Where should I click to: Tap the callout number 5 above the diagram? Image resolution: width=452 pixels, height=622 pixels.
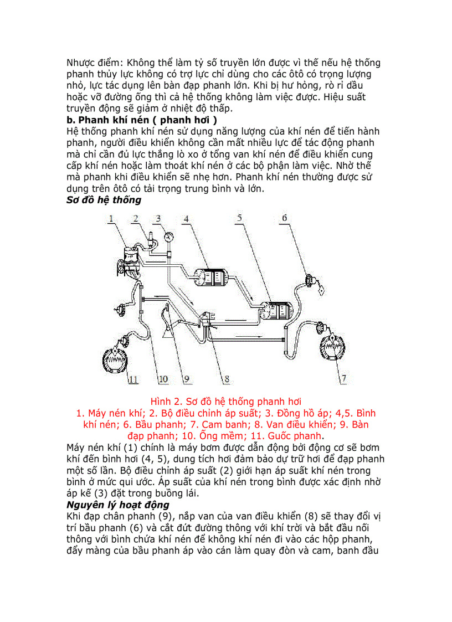(x=239, y=218)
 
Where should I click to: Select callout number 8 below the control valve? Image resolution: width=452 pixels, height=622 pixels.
(x=226, y=379)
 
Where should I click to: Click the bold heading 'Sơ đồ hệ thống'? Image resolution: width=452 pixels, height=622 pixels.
(x=104, y=200)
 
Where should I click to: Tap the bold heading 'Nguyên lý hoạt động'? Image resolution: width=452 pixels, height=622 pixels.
(x=117, y=505)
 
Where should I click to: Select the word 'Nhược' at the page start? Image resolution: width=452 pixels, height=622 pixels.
(x=82, y=62)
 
